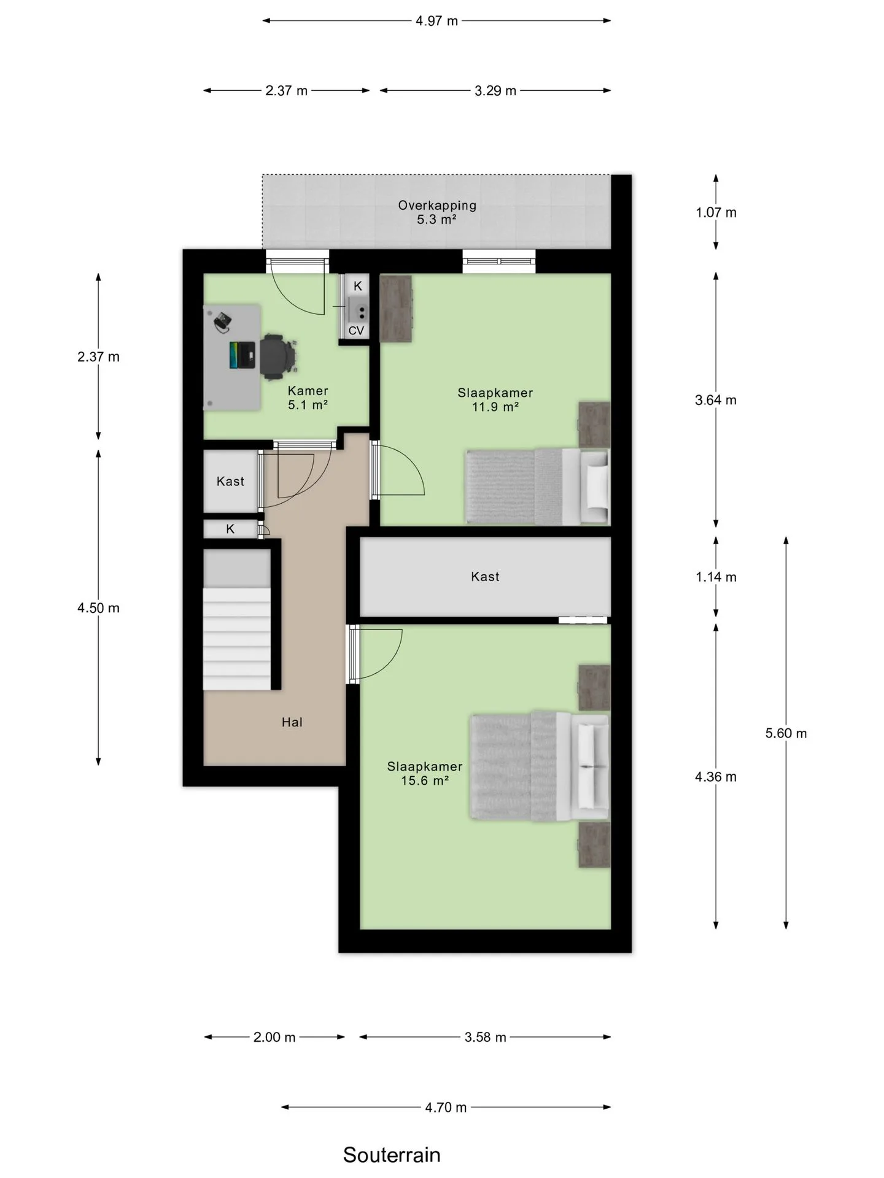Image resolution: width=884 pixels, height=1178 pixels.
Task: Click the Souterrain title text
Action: [x=392, y=1154]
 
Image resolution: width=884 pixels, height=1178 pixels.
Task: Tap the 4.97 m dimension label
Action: [x=436, y=21]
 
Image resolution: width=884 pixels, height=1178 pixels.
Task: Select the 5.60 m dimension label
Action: [x=786, y=733]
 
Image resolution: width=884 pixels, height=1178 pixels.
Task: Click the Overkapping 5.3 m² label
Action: [x=437, y=212]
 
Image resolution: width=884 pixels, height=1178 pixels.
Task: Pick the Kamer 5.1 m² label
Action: [x=308, y=398]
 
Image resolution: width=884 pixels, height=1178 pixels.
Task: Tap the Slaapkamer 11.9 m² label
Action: [x=495, y=399]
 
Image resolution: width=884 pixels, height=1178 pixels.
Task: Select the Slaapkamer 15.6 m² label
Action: [x=424, y=773]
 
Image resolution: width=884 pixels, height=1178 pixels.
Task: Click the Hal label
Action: [x=292, y=722]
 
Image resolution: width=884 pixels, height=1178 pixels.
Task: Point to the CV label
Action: [x=356, y=331]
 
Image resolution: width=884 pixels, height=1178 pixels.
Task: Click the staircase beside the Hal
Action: [x=237, y=620]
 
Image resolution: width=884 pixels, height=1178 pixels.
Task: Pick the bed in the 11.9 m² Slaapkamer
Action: [x=538, y=487]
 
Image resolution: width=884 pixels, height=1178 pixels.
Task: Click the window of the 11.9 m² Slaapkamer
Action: [x=499, y=261]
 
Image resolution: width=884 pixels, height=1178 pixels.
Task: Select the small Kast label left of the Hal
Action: [x=230, y=482]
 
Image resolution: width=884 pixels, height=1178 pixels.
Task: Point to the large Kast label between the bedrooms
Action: [x=485, y=577]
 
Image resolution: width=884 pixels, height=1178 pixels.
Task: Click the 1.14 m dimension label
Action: [x=716, y=577]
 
